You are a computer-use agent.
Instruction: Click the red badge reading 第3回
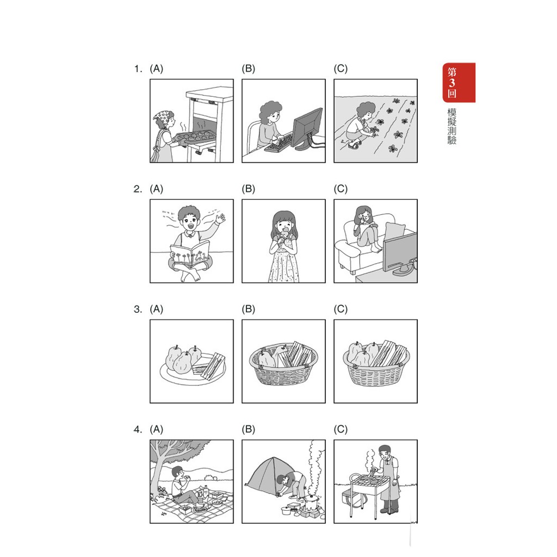[459, 83]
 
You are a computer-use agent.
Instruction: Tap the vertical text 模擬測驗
[451, 126]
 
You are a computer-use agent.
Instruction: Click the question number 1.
[138, 69]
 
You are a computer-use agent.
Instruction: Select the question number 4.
[138, 430]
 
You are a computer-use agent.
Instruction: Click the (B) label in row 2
[248, 189]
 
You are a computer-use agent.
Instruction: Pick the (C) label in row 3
[341, 309]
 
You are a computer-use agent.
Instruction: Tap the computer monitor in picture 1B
[307, 128]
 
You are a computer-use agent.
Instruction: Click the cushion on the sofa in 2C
[394, 231]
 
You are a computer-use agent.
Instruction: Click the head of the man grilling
[385, 452]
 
